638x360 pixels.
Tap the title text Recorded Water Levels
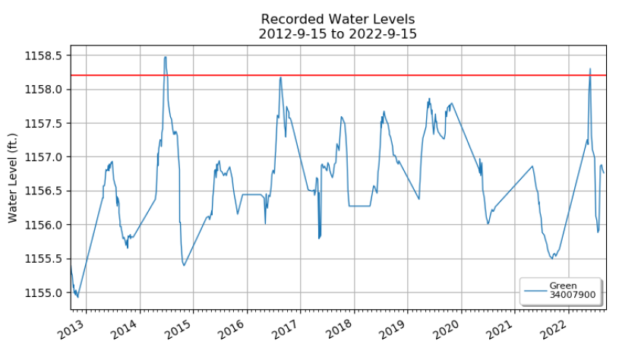tap(337, 19)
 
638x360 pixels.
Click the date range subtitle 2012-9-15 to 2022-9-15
tap(337, 34)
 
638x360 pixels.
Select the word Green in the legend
tap(563, 286)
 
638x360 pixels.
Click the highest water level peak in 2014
tap(165, 57)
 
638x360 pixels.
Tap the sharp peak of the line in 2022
tap(590, 69)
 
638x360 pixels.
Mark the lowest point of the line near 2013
tap(77, 297)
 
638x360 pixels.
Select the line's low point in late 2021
tap(551, 258)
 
